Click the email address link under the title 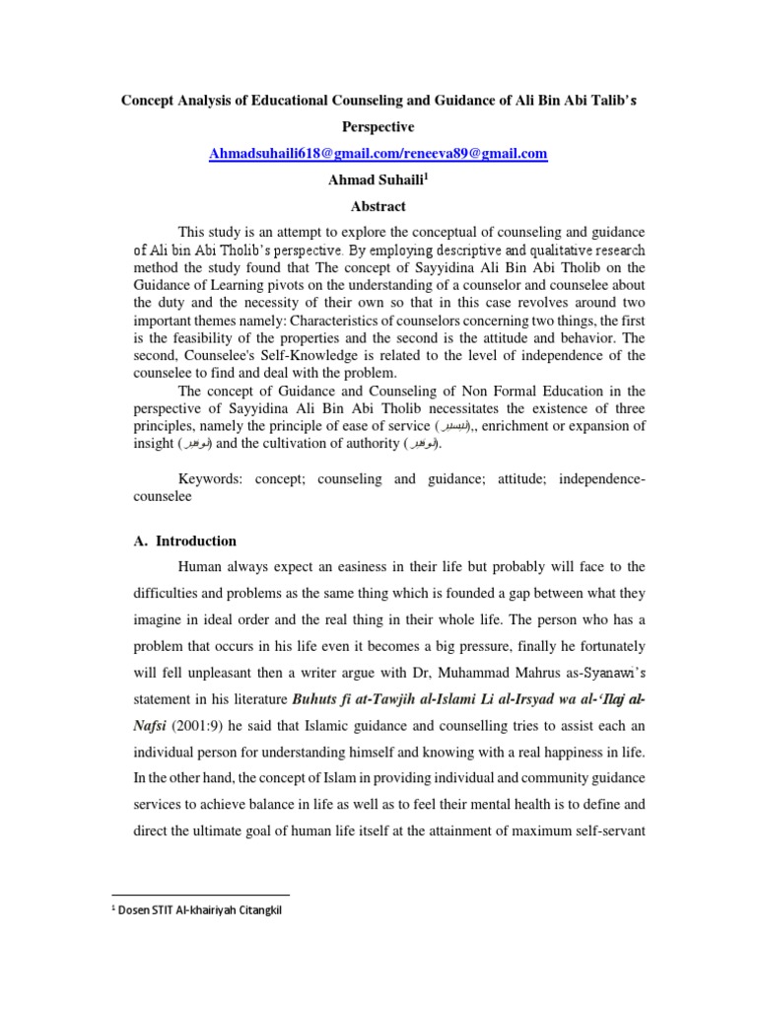(x=378, y=154)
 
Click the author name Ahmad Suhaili (x=375, y=180)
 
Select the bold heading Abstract (x=378, y=206)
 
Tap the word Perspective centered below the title (x=378, y=127)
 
